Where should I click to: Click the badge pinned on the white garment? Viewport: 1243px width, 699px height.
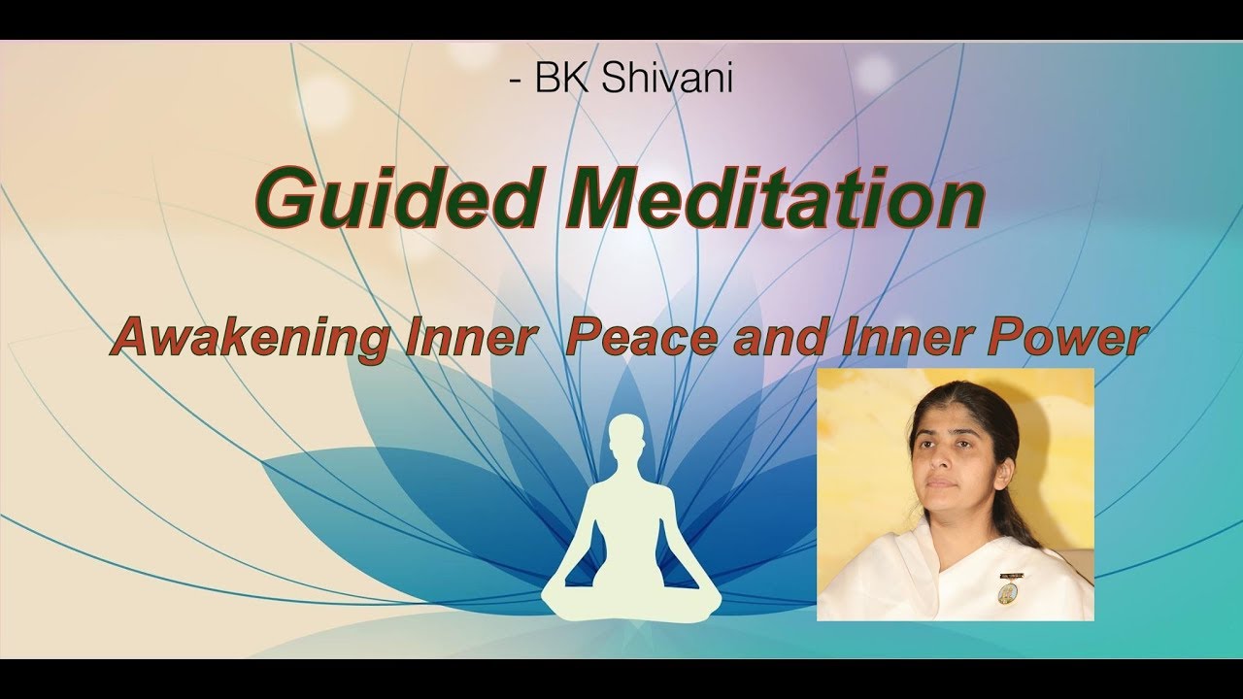(1007, 589)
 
